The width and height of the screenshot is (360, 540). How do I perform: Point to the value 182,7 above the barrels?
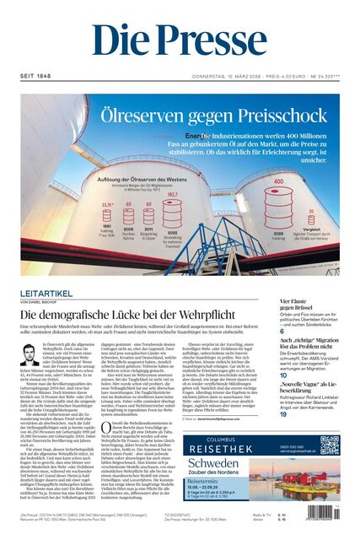[173, 193]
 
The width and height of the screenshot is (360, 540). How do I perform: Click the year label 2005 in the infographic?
[129, 228]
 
